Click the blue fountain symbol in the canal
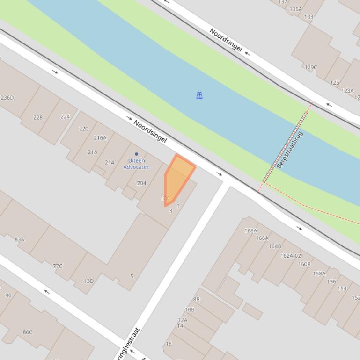point(199,95)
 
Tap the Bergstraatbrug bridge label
point(290,150)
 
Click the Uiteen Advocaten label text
point(136,164)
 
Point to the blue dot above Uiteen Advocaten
point(137,154)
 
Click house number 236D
point(7,98)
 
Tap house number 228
point(38,117)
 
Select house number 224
point(65,117)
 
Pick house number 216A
point(100,138)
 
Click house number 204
point(141,183)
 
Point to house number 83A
point(19,239)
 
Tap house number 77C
point(57,266)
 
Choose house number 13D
point(88,281)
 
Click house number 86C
point(28,332)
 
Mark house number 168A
point(250,230)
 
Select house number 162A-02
point(290,256)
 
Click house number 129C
point(311,67)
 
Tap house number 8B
point(196,299)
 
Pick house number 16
point(169,344)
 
